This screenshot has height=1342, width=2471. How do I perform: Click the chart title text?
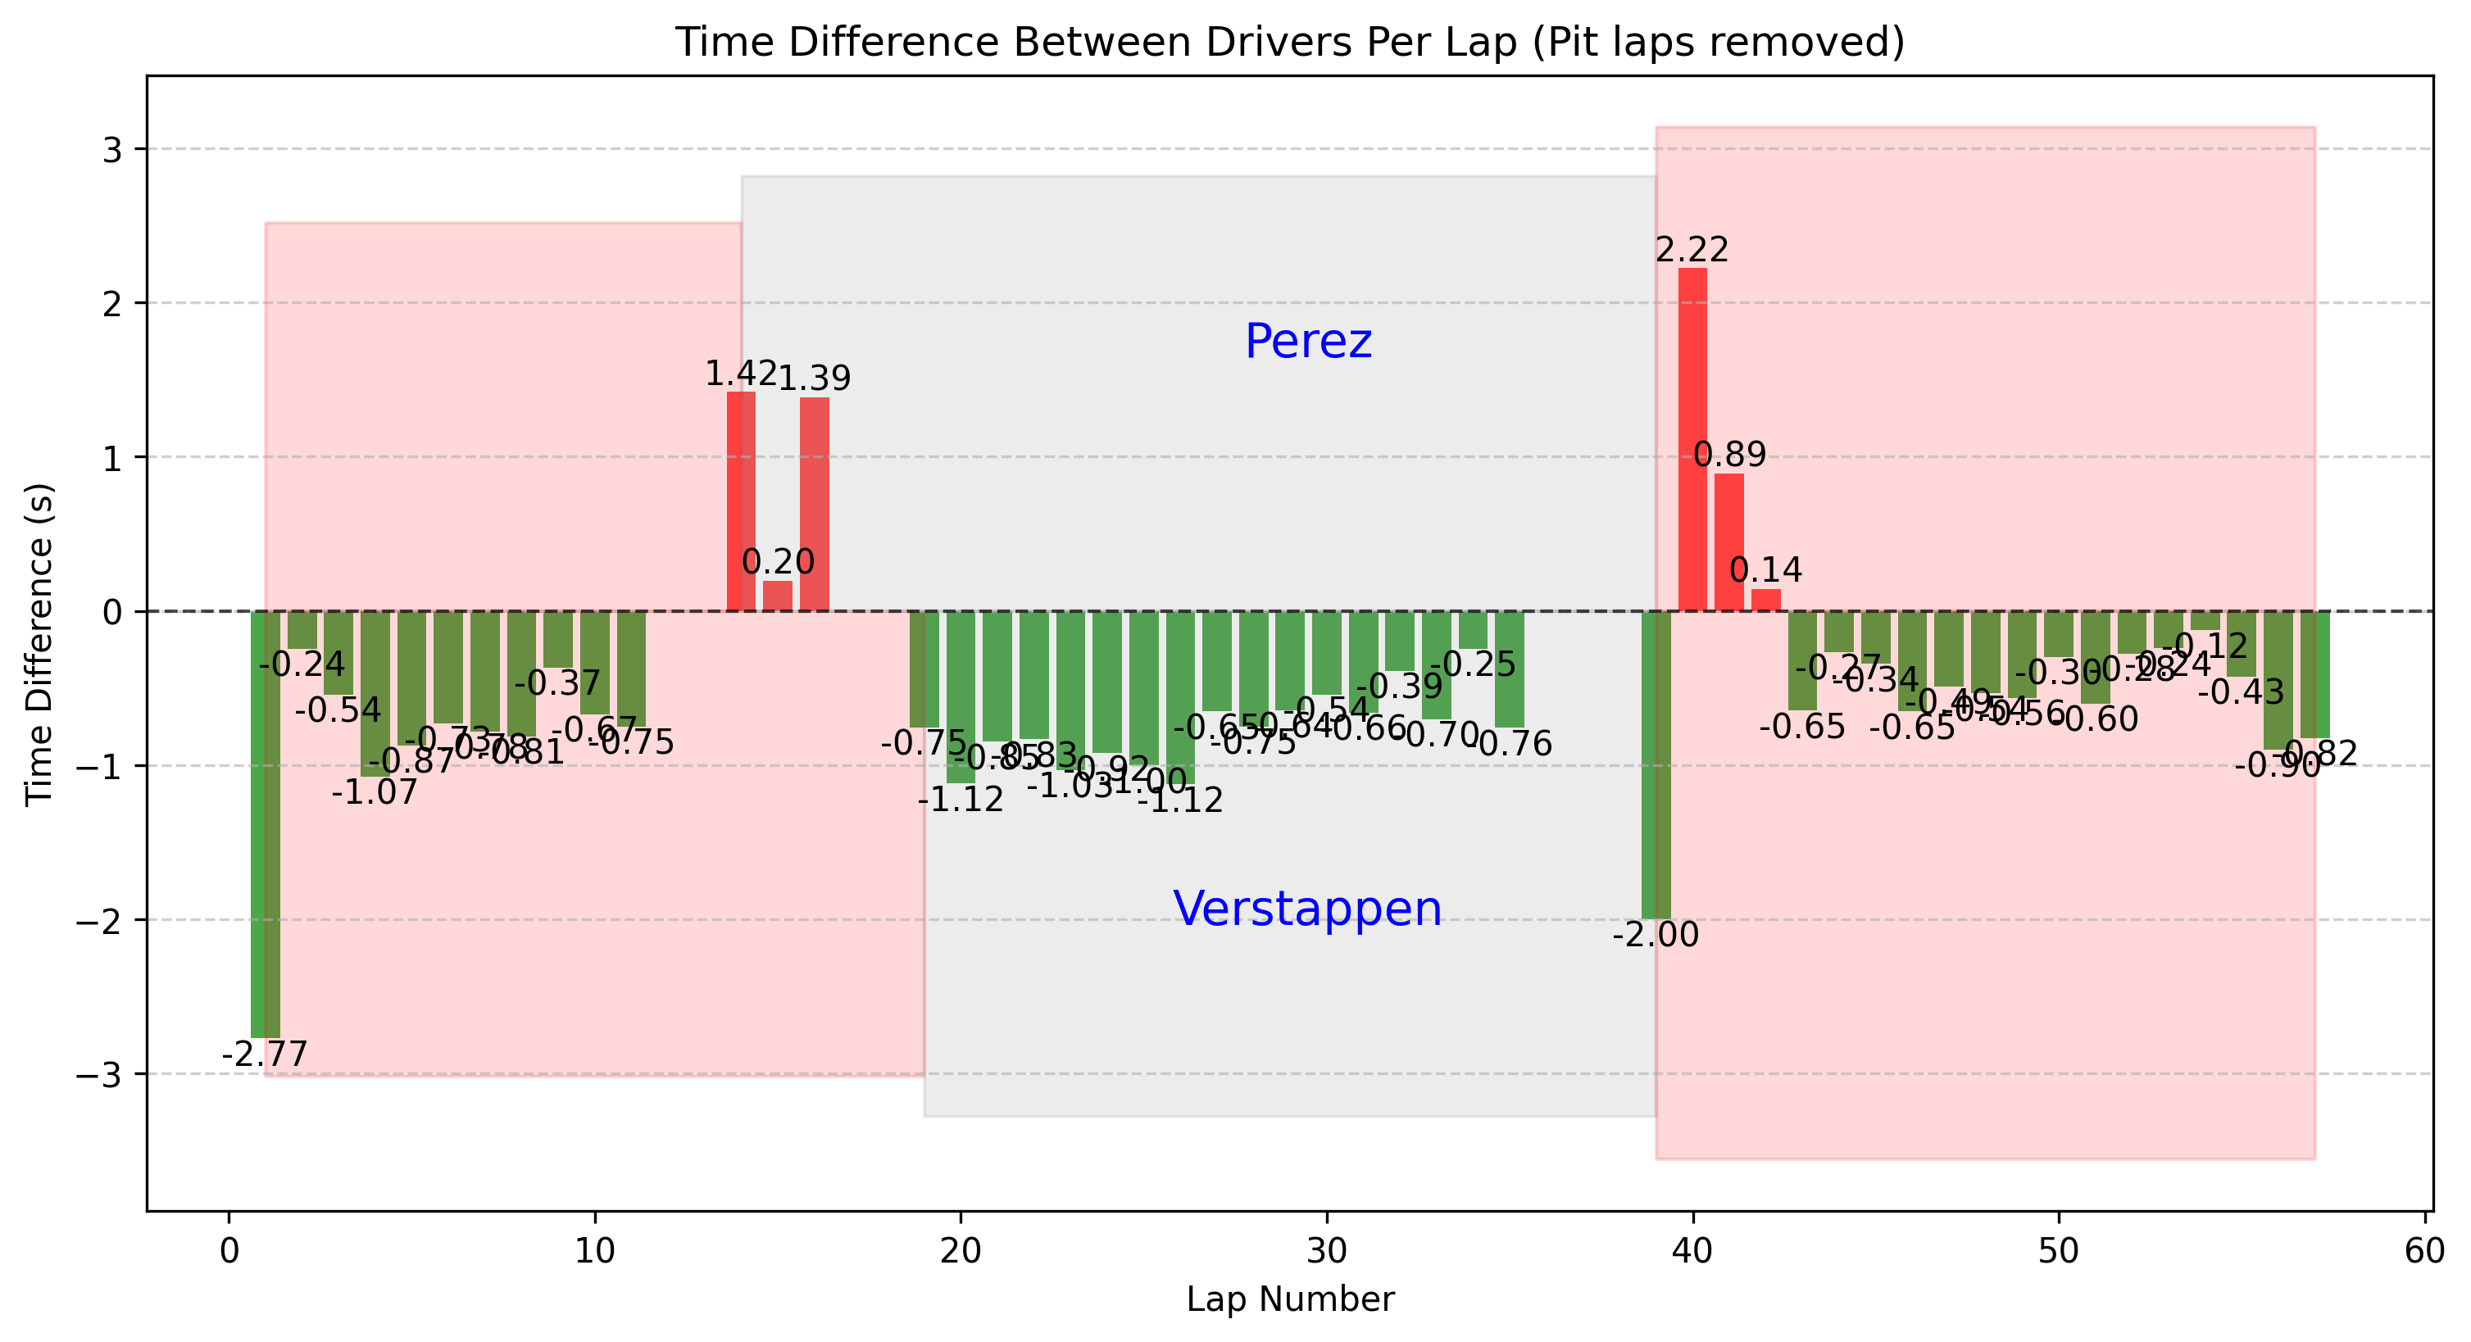point(1289,43)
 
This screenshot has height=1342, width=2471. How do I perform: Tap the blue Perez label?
point(1307,342)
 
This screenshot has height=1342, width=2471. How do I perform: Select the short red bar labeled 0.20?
point(777,596)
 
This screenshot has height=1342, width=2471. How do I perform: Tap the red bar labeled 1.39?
point(815,504)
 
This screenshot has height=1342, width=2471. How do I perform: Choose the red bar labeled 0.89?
point(1728,542)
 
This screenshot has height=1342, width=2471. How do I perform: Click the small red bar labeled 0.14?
point(1765,601)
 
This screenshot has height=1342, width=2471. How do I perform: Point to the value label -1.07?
point(375,792)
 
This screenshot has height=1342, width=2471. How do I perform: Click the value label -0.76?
point(1509,743)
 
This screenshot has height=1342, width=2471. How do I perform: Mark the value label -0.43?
point(2241,691)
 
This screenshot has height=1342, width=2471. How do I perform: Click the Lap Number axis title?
point(1289,1299)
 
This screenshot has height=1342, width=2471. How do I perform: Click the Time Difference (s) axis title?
point(39,644)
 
